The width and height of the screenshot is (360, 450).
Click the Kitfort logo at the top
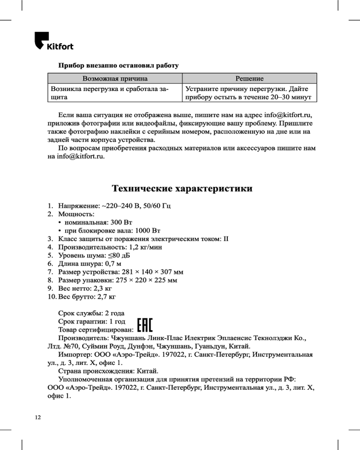[x=54, y=41]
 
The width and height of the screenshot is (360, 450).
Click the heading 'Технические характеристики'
[x=182, y=188]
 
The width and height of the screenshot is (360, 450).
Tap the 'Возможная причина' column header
[x=115, y=79]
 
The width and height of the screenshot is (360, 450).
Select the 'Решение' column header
[x=249, y=79]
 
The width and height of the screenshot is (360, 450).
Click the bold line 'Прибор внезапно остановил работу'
[x=118, y=66]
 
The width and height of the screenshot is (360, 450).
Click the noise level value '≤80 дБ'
[x=115, y=256]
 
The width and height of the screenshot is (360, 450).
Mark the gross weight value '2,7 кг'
[x=106, y=297]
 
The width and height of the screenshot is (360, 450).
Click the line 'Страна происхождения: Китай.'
[x=108, y=371]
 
